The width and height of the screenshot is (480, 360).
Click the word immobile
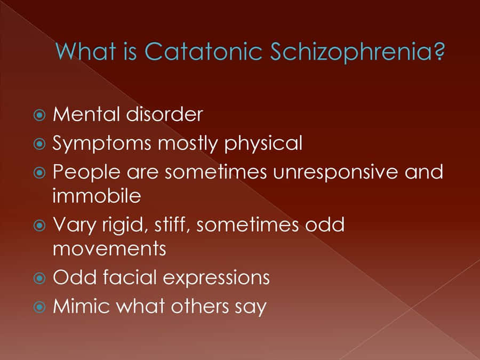tap(97, 196)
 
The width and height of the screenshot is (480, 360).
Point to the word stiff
tap(175, 225)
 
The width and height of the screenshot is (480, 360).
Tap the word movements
tap(109, 249)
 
